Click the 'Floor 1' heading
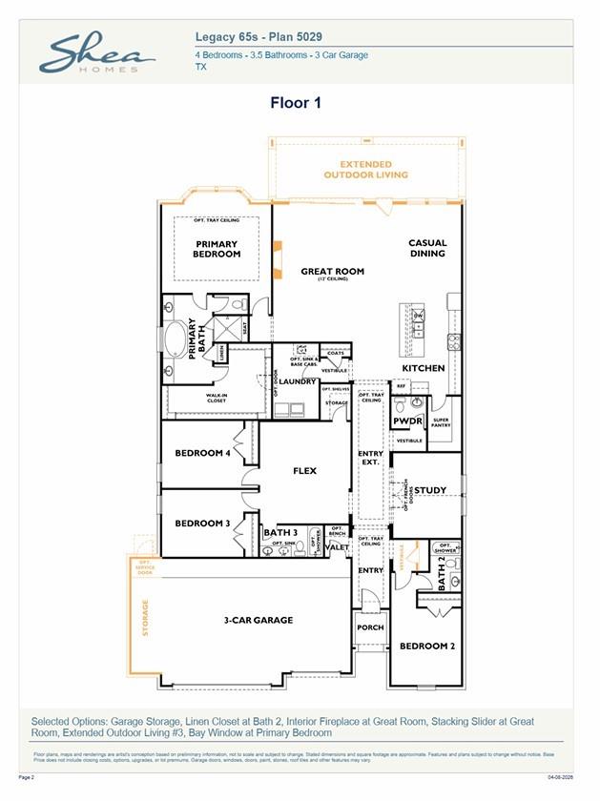(295, 103)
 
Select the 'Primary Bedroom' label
(217, 249)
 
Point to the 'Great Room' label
(332, 273)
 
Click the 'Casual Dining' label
(427, 248)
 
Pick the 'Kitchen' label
(423, 368)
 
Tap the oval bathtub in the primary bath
(177, 339)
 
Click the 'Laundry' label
(298, 381)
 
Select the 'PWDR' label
(407, 421)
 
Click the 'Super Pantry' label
(441, 422)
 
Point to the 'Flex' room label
(304, 470)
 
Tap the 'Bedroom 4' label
(202, 453)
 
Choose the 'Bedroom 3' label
(202, 523)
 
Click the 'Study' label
(430, 490)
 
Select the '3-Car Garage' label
(259, 620)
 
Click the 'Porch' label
(370, 627)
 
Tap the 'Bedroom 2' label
(426, 646)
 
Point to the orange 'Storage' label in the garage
(146, 618)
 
